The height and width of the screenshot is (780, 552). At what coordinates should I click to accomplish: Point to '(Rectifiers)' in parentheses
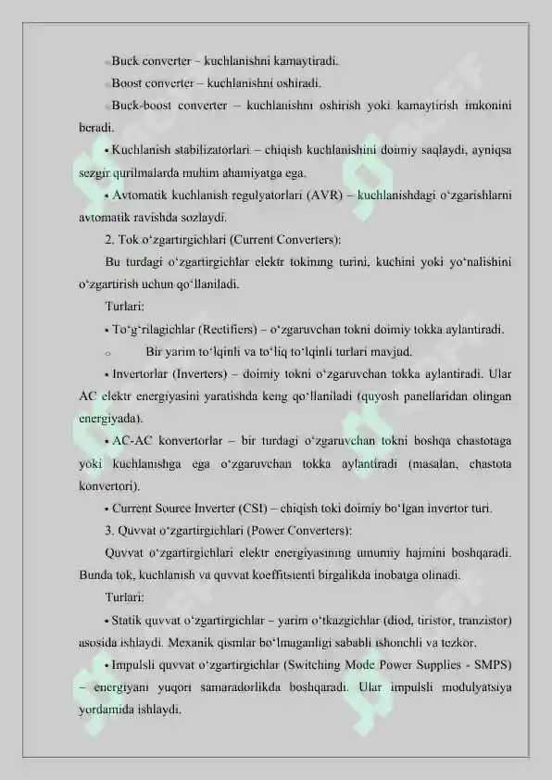tap(218, 329)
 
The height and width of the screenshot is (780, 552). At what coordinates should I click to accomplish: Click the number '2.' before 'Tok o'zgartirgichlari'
tap(111, 240)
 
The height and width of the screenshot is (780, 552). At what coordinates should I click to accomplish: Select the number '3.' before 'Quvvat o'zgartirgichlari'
tap(111, 530)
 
